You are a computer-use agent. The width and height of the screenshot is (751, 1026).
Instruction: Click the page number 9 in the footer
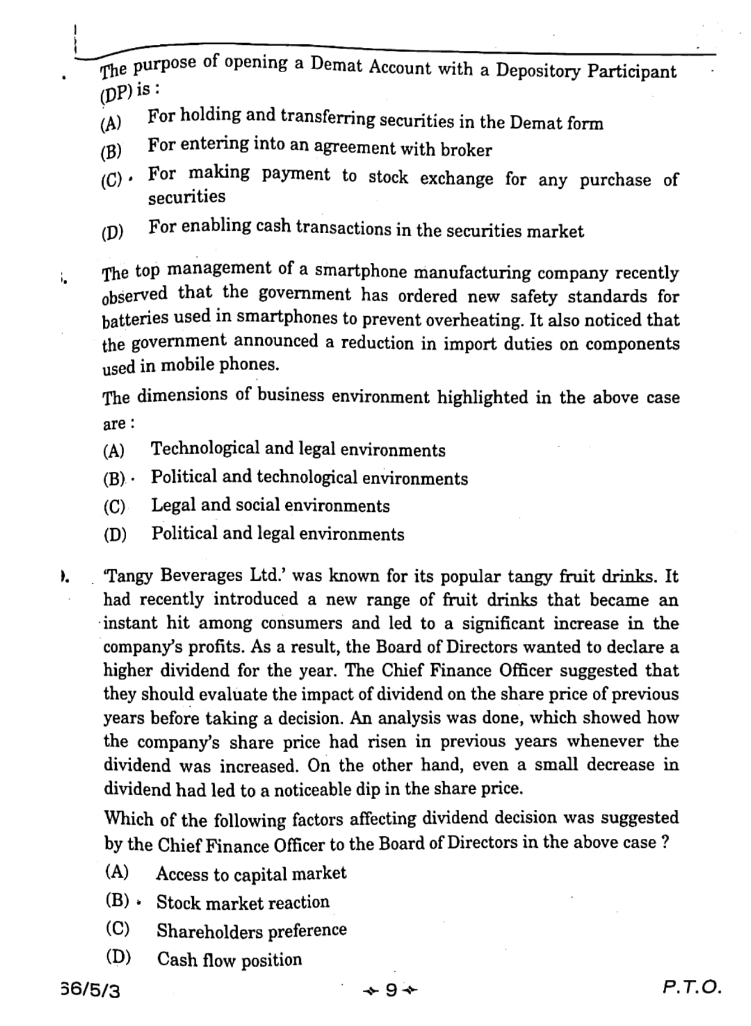(391, 990)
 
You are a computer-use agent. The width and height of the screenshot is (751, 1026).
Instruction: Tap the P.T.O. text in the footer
(692, 987)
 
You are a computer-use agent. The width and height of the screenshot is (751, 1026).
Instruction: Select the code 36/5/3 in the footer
(91, 990)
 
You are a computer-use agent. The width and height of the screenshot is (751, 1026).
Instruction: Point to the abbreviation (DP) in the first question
(115, 92)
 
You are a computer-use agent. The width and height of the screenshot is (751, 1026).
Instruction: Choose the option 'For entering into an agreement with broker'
(320, 147)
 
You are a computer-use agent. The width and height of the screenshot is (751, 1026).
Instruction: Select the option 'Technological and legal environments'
(298, 449)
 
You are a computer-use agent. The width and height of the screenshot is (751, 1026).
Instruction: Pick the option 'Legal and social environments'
(270, 505)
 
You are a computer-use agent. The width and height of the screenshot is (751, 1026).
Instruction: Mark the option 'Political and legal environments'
(277, 534)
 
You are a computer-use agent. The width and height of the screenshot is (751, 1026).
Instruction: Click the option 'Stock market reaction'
(243, 902)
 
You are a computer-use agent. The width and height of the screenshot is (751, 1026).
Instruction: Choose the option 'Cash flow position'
(230, 959)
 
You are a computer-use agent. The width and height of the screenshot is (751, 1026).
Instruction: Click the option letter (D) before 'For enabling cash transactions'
(113, 232)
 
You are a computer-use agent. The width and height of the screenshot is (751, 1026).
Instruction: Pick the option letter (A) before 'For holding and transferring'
(111, 124)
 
